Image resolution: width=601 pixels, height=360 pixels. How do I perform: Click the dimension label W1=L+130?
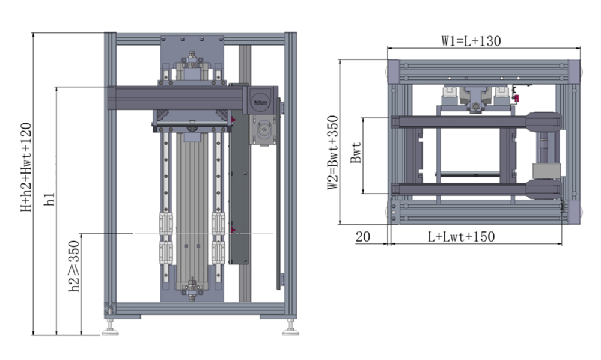coord(471,41)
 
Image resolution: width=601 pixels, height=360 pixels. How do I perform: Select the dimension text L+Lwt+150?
coord(461,237)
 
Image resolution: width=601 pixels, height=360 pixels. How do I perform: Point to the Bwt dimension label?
coord(356,154)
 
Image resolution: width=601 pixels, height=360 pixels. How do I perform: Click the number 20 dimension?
coord(362,237)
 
